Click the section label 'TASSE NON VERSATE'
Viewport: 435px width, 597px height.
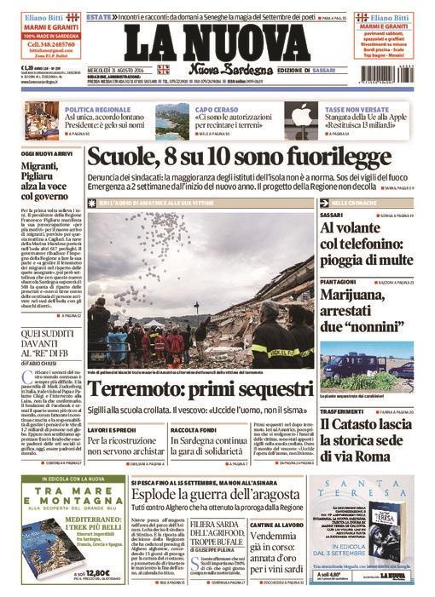click(x=351, y=109)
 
